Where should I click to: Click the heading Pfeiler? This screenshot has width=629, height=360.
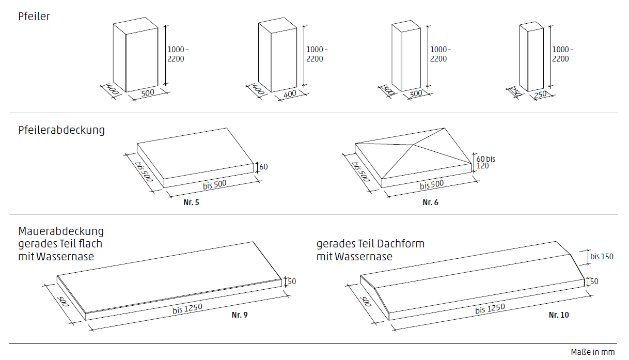34,17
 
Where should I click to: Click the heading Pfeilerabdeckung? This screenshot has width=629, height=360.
61,130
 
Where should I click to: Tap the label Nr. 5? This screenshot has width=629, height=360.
191,202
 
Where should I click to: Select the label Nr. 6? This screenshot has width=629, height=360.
430,202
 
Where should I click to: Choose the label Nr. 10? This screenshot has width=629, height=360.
559,315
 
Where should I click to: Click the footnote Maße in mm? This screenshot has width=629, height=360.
593,352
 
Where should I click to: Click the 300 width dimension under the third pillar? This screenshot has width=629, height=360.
416,94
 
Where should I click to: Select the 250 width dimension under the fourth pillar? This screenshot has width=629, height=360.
540,94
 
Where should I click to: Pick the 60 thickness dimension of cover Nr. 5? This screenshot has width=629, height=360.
263,167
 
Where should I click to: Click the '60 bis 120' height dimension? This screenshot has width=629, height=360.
485,162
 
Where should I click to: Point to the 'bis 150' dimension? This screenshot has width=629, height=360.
602,256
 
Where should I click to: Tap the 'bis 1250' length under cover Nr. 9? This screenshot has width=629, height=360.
187,308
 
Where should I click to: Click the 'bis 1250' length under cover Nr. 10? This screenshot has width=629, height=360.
490,308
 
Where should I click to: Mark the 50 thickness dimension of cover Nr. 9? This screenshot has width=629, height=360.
291,281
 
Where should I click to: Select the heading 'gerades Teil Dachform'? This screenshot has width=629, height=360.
370,244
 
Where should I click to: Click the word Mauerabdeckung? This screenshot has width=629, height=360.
61,231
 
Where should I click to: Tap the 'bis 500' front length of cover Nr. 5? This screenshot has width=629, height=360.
212,184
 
